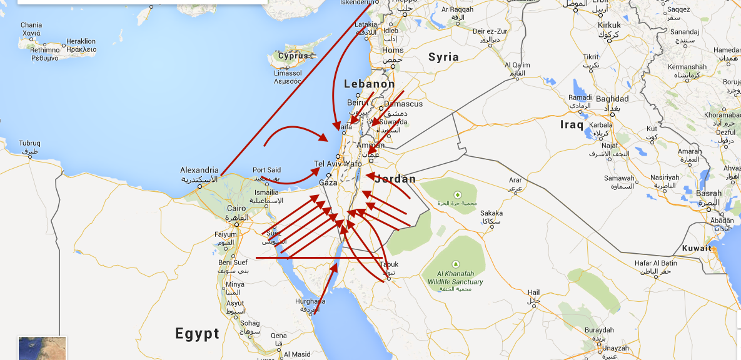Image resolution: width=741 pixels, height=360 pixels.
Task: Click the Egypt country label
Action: [x=197, y=333]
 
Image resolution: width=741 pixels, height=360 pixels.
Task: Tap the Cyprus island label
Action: [x=294, y=56]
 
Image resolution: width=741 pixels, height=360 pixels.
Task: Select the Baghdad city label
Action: [x=612, y=99]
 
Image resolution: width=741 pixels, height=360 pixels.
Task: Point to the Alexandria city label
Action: [x=199, y=170]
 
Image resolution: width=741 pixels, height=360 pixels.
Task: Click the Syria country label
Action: [x=443, y=57]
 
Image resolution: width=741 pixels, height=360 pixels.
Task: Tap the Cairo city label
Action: [x=236, y=208]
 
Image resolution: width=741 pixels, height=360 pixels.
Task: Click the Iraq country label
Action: [x=572, y=124]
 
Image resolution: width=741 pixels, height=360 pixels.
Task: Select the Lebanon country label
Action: [x=370, y=84]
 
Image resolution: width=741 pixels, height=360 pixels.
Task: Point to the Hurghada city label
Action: [x=310, y=301]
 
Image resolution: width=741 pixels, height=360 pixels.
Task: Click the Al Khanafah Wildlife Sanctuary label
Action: [x=456, y=277]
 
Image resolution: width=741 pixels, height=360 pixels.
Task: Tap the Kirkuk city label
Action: [x=609, y=25]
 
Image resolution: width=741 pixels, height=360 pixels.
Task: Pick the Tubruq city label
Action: [x=29, y=143]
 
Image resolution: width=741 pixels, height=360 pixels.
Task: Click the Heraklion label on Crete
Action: [x=81, y=41]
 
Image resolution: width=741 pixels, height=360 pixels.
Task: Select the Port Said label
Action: [x=266, y=170]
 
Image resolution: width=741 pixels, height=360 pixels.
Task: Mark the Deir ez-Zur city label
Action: [x=491, y=31]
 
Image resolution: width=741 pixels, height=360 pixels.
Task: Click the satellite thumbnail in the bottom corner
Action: [x=42, y=348]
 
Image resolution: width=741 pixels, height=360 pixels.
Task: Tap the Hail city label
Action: [x=533, y=292]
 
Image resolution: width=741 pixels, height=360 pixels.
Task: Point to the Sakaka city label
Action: [x=491, y=213]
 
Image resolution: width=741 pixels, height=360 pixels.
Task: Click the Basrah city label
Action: [x=708, y=193]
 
